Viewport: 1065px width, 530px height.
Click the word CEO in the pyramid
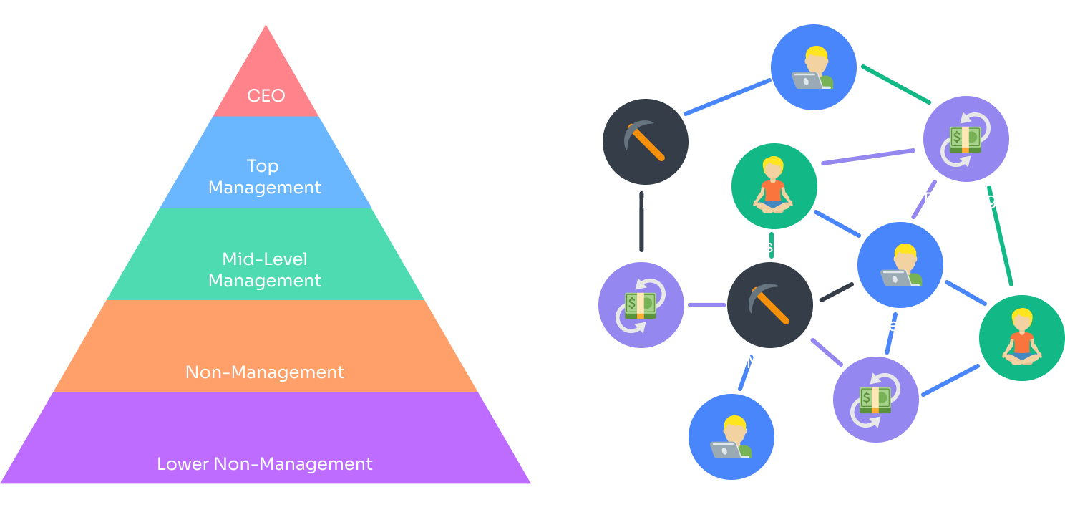coord(266,95)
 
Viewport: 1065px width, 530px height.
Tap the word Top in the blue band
coord(262,166)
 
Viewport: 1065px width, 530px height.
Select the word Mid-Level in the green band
coord(264,259)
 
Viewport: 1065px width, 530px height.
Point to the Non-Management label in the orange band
coord(265,372)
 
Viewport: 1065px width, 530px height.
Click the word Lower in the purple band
coord(183,464)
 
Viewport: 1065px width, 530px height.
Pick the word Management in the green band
coord(265,281)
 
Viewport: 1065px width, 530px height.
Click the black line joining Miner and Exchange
coord(641,222)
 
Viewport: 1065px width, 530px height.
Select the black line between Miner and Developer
coord(836,292)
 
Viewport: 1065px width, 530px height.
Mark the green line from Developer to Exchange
coord(895,85)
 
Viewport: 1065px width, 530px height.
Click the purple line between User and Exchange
coord(867,157)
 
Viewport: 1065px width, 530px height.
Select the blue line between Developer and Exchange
coord(890,334)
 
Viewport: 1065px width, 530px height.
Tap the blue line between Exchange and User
coord(950,380)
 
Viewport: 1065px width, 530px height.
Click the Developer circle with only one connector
coord(731,437)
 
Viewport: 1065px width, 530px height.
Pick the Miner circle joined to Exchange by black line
coord(645,142)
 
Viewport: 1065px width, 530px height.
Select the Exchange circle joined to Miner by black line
coord(641,305)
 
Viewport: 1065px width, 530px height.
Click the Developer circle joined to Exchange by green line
coord(813,67)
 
